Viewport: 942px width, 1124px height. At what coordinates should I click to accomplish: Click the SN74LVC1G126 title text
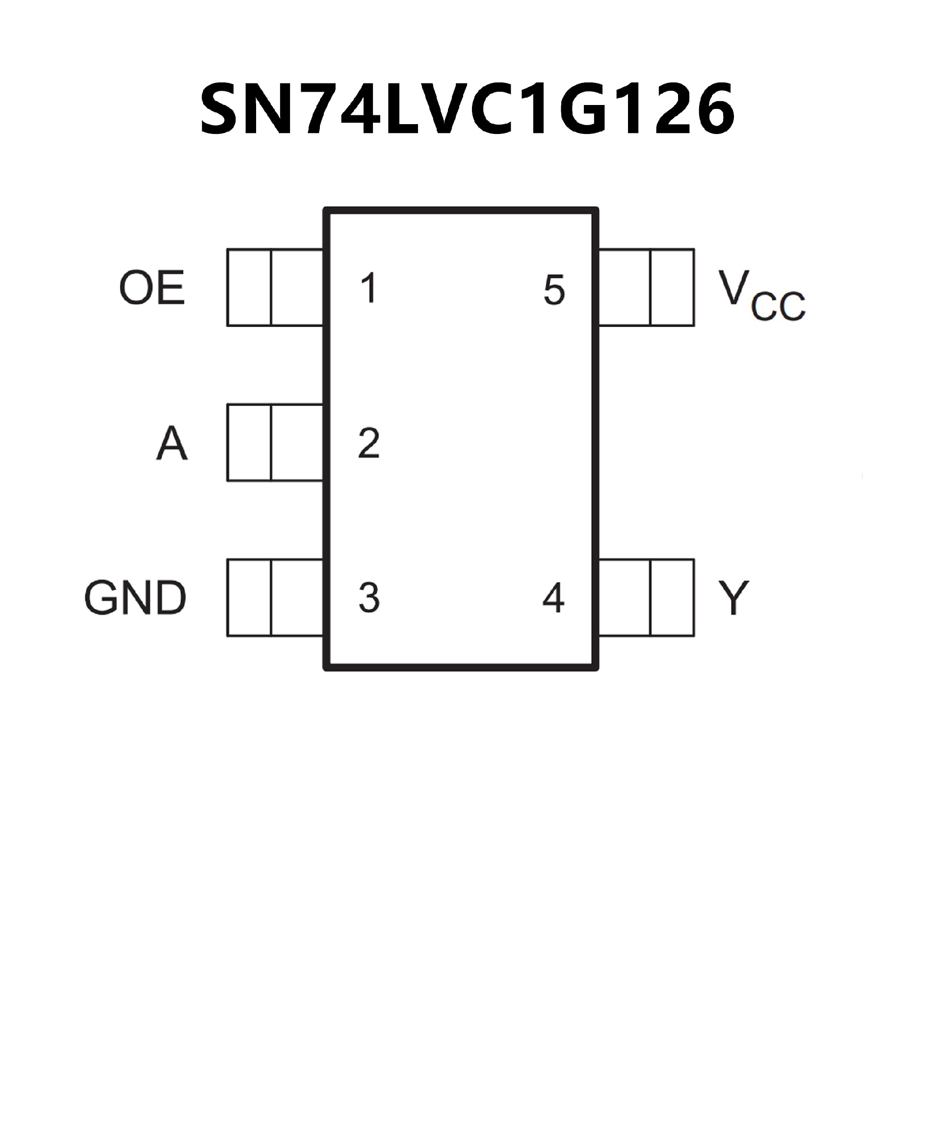[x=467, y=110]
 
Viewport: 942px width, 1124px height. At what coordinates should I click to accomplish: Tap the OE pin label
[x=152, y=288]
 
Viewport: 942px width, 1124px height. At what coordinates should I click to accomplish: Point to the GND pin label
[x=135, y=598]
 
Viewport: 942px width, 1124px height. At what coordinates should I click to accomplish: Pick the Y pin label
[x=734, y=598]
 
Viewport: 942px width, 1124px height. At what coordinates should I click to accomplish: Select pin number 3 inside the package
[x=369, y=598]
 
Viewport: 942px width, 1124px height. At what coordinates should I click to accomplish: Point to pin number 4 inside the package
[x=553, y=598]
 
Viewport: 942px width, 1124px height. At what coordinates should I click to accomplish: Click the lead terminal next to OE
[x=275, y=288]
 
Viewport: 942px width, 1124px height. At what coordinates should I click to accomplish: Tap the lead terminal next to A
[x=275, y=443]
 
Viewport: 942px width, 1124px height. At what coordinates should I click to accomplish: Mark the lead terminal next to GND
[x=275, y=598]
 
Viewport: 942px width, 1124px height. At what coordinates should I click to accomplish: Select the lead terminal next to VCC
[x=646, y=288]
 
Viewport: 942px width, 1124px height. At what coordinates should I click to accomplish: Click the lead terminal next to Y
[x=646, y=598]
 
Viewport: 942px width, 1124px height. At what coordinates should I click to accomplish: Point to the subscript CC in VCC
[x=778, y=306]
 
